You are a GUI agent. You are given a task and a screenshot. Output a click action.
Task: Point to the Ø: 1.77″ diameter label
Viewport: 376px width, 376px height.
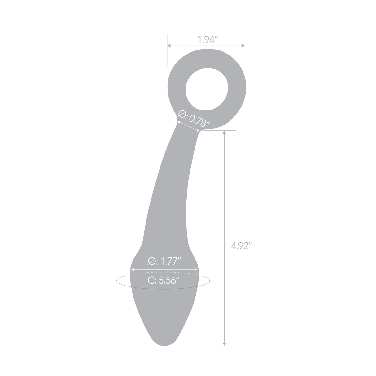click(164, 261)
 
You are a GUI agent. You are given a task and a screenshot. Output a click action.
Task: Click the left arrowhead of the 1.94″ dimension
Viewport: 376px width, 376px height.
click(169, 46)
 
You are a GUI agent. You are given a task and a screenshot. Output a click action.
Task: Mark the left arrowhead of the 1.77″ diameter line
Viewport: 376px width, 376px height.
click(133, 269)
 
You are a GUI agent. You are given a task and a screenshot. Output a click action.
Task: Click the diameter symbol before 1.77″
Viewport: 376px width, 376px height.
click(152, 261)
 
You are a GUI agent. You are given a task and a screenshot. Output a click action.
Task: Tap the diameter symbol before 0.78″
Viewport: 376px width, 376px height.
click(182, 114)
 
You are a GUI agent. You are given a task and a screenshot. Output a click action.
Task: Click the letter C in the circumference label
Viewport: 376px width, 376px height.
click(151, 281)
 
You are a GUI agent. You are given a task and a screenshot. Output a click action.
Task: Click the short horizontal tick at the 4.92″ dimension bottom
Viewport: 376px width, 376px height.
click(220, 346)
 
